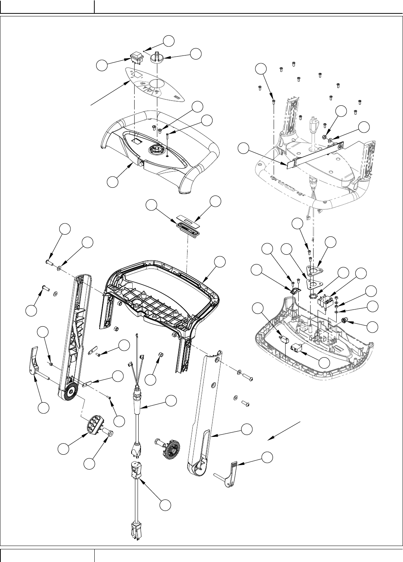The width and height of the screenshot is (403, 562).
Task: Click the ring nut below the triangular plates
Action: pyautogui.click(x=314, y=297)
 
